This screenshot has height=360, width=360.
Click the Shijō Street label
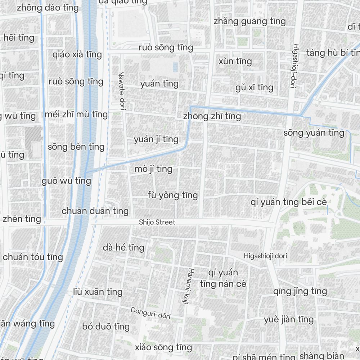pos(157,222)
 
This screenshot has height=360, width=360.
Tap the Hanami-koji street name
pos(190,286)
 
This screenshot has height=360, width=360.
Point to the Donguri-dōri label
pos(150,312)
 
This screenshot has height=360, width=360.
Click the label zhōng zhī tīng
pos(212,116)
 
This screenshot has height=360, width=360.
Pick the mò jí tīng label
pos(153,169)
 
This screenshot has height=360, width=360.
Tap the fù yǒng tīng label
pos(172,195)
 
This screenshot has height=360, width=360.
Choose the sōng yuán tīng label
pos(314,133)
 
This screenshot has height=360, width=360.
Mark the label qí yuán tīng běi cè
pos(289,202)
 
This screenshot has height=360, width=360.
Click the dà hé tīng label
pos(123,247)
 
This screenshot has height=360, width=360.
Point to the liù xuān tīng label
pos(98,292)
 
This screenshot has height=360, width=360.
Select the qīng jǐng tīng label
pos(300,291)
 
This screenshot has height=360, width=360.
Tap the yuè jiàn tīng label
pos(288,319)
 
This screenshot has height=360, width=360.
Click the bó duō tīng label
pos(106,327)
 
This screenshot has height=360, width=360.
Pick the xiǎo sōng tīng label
pos(163,347)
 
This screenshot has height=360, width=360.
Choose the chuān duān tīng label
pos(95,211)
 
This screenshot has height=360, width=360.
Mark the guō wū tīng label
pos(66,181)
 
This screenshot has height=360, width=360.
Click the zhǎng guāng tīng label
pos(249,21)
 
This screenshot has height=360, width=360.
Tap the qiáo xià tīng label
pos(77,55)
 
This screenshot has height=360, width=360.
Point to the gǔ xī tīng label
pos(254,87)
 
